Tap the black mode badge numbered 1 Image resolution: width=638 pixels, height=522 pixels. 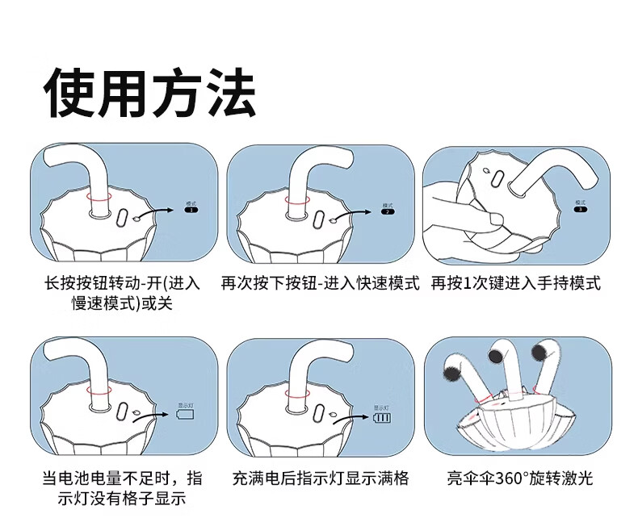point(191,210)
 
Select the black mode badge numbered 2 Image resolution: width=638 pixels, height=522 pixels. point(388,211)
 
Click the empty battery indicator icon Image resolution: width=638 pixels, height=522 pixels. point(186,416)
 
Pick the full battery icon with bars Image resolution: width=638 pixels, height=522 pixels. point(382,419)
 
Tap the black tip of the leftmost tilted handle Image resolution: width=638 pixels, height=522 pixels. point(449,371)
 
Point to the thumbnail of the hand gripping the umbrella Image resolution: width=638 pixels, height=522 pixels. point(492,205)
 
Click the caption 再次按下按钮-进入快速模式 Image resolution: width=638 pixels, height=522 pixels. point(321,284)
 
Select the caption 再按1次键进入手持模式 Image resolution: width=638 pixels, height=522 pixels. point(516,284)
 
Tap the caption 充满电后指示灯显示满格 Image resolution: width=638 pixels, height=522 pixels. point(321,478)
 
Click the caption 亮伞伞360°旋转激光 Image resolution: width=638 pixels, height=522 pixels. point(520,478)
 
